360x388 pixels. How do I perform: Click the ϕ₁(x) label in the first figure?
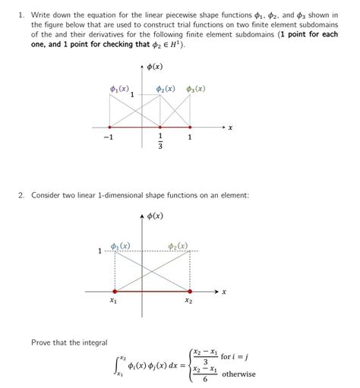click(x=118, y=90)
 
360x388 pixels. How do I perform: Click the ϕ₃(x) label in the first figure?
click(x=194, y=90)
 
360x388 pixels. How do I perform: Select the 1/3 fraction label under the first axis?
click(x=160, y=142)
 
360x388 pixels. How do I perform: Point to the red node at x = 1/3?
click(x=160, y=127)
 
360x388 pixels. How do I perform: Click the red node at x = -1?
click(x=111, y=127)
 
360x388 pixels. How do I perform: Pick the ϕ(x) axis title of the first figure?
click(x=153, y=66)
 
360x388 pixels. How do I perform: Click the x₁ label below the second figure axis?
click(x=113, y=301)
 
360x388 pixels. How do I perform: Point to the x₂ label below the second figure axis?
click(x=188, y=301)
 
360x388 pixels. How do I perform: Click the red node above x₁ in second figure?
click(x=115, y=291)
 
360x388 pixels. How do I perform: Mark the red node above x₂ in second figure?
click(x=189, y=291)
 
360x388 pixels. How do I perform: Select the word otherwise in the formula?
click(x=238, y=374)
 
